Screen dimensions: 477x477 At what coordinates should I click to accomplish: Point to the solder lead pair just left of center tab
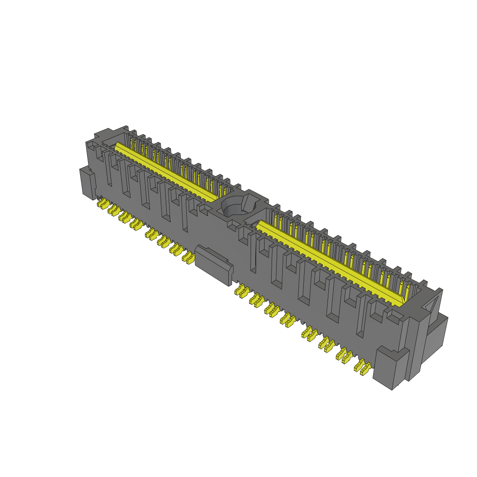(x=188, y=257)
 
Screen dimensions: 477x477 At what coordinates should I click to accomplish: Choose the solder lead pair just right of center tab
(x=242, y=291)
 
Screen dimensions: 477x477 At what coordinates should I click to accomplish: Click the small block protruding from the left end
(x=87, y=183)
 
